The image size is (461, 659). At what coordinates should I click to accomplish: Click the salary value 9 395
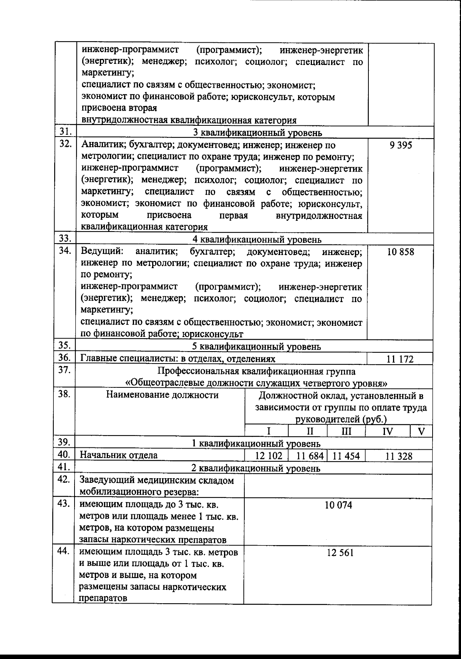pyautogui.click(x=400, y=146)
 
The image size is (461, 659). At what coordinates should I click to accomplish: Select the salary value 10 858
pyautogui.click(x=401, y=252)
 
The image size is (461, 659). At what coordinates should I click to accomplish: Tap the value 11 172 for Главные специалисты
pyautogui.click(x=400, y=359)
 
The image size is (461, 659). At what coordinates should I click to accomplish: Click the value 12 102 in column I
pyautogui.click(x=269, y=456)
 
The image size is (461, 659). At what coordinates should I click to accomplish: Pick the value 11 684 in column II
pyautogui.click(x=312, y=456)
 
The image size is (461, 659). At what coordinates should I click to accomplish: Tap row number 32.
pyautogui.click(x=65, y=144)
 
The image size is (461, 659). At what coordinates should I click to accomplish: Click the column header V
pyautogui.click(x=421, y=431)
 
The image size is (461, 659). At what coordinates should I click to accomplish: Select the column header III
pyautogui.click(x=346, y=431)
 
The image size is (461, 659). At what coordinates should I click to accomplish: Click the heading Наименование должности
pyautogui.click(x=162, y=395)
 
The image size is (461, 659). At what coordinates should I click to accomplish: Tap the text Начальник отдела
pyautogui.click(x=118, y=455)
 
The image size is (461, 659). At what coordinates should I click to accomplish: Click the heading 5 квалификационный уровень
pyautogui.click(x=256, y=346)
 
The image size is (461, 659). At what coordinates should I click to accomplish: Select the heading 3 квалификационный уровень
pyautogui.click(x=257, y=133)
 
